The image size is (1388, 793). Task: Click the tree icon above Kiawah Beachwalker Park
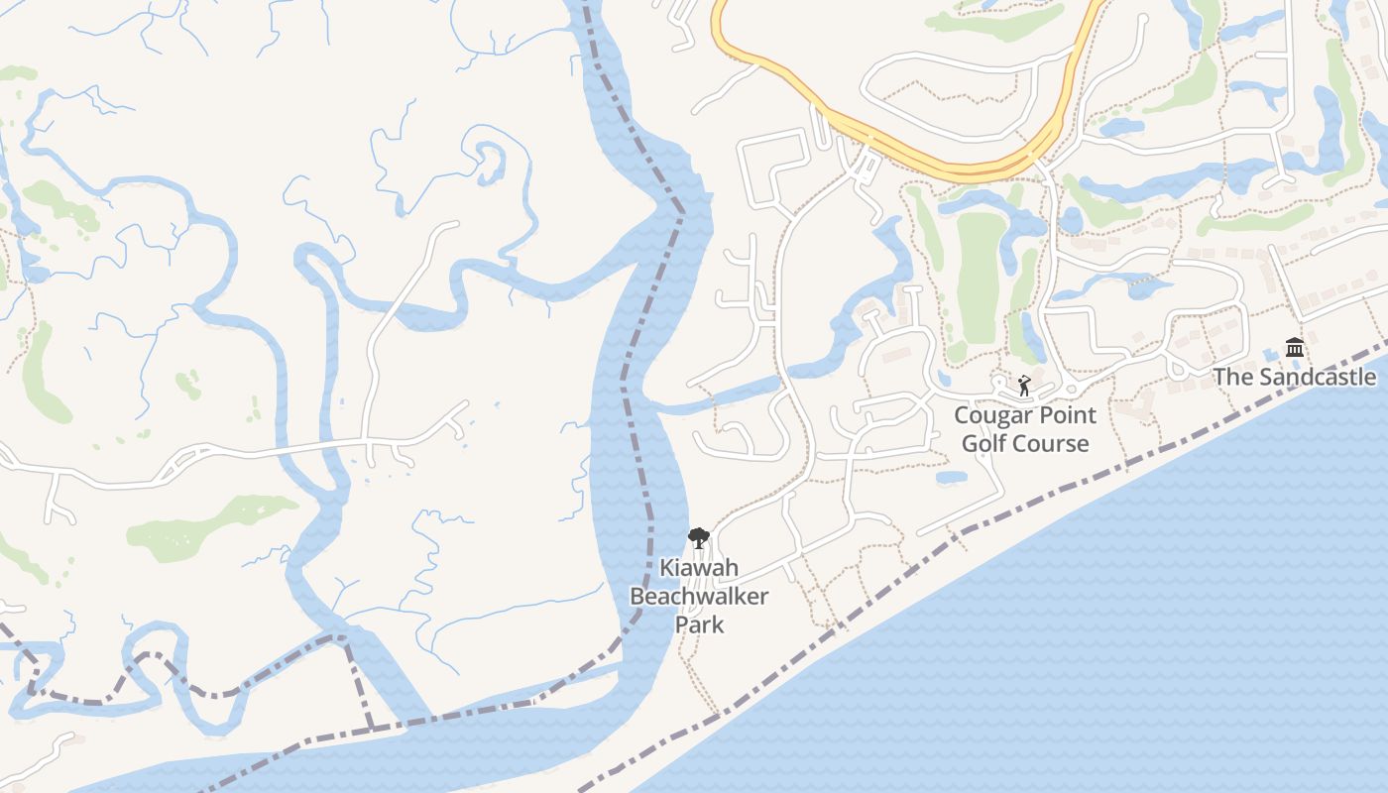pos(699,538)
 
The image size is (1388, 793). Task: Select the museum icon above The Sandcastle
pos(1294,347)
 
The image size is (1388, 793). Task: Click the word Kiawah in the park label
pos(699,569)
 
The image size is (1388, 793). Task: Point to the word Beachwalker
pos(699,597)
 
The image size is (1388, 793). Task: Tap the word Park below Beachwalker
pos(699,624)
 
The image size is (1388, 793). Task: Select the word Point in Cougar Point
pos(1065,415)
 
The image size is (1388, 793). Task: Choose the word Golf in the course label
pos(983,443)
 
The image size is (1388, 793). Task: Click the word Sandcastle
pos(1318,377)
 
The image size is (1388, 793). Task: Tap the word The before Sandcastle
pos(1233,377)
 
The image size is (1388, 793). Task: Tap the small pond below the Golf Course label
pos(951,478)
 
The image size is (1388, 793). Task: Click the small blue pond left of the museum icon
pos(1270,355)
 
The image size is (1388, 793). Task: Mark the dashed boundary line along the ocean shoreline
pos(1091,481)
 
